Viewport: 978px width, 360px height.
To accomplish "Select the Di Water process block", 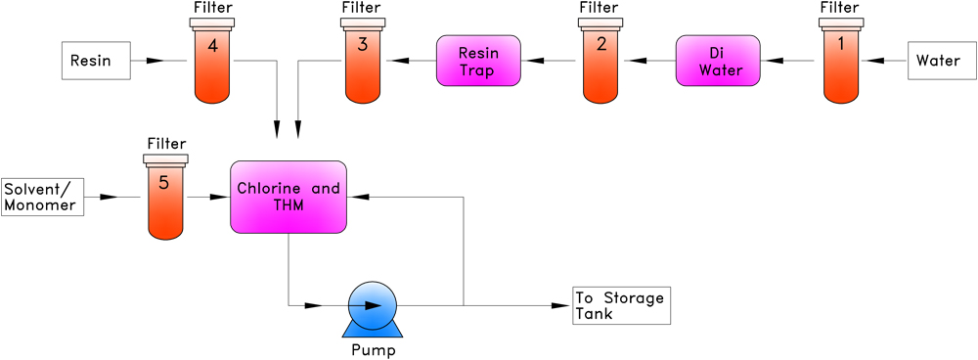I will [x=718, y=61].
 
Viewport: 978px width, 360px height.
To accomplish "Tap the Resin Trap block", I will [x=478, y=61].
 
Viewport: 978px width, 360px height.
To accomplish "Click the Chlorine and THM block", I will [x=289, y=197].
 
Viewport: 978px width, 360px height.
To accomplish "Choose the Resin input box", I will [x=96, y=61].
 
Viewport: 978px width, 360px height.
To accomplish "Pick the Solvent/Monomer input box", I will [x=41, y=197].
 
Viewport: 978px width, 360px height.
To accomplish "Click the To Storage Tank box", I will [x=623, y=305].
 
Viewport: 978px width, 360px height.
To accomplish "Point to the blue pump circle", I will [x=372, y=305].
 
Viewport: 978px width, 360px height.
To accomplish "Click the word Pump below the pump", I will [x=374, y=349].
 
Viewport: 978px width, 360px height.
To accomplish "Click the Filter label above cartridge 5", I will [x=165, y=144].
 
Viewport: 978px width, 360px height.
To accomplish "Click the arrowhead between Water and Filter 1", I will [x=877, y=61].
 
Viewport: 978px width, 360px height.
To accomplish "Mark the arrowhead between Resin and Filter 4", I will [x=154, y=61].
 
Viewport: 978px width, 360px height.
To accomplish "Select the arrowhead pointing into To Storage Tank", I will [x=561, y=305].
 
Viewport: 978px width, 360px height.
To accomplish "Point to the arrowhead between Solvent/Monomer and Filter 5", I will [x=107, y=197].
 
